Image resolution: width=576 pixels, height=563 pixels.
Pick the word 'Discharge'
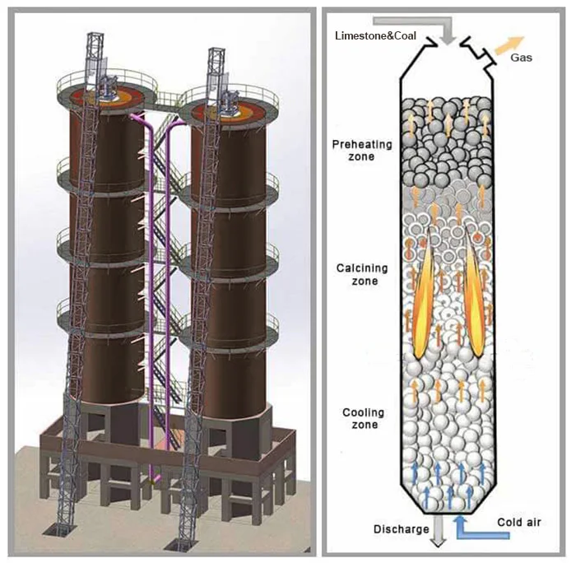point(401,529)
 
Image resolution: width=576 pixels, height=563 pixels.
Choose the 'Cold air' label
point(520,523)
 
